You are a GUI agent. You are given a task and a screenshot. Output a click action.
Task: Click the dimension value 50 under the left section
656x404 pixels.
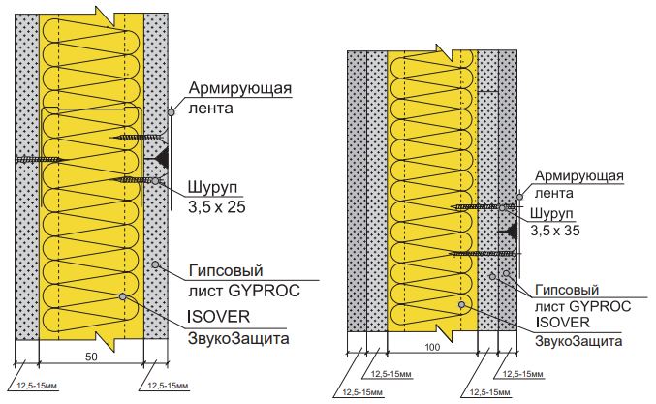tap(91, 357)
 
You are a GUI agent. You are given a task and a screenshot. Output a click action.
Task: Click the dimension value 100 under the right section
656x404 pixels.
tap(432, 347)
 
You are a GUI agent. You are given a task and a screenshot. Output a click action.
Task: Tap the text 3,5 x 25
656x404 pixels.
tap(216, 207)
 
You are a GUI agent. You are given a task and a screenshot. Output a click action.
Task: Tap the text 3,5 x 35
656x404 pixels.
tap(555, 231)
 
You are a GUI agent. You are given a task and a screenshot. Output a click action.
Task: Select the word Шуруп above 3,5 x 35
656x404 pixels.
tap(551, 213)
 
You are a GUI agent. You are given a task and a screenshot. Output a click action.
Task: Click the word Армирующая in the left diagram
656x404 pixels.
tap(239, 89)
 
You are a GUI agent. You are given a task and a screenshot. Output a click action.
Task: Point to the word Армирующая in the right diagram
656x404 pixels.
tap(579, 176)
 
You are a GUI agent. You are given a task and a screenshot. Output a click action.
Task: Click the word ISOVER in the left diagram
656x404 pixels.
tap(218, 316)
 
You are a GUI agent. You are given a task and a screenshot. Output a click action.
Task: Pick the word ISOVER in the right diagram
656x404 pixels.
tap(562, 322)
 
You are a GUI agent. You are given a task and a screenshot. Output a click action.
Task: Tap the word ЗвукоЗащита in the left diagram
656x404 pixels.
tap(238, 338)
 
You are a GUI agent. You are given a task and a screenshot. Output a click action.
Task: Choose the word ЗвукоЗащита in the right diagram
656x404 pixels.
tap(578, 341)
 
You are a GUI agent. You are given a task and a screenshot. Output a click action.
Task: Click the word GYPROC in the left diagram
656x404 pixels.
tap(264, 291)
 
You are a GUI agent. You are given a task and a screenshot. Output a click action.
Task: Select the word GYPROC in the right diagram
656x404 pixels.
tap(600, 306)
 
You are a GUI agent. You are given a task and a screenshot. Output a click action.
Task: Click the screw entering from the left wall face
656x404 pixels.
tap(39, 159)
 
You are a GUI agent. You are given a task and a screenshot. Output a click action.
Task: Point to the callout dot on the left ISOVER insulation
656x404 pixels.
tap(123, 296)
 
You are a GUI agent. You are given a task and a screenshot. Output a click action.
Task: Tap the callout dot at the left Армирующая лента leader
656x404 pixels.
tap(172, 112)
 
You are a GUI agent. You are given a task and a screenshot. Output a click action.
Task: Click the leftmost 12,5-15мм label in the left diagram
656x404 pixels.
tap(37, 386)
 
